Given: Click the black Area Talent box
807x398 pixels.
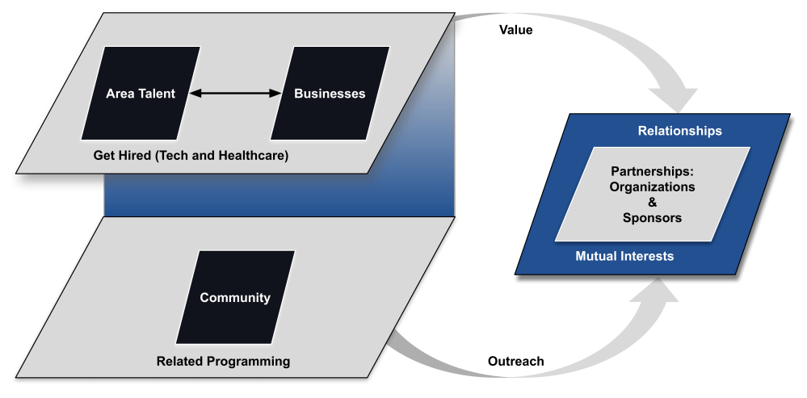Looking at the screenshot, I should (x=141, y=94).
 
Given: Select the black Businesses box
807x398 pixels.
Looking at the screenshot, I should (x=330, y=94).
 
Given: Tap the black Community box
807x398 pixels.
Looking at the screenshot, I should (x=234, y=298).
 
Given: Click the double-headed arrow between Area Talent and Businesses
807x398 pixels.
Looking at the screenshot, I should (x=234, y=94).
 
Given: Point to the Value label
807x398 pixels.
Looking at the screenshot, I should (x=516, y=30).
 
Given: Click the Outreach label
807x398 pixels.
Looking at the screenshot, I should (x=516, y=361).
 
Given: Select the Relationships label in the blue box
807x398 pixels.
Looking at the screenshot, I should (x=679, y=130).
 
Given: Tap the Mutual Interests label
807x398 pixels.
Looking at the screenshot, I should (x=624, y=257).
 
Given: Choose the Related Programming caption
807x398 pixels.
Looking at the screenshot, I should (x=223, y=361).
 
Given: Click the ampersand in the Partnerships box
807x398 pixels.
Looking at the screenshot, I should (x=654, y=202).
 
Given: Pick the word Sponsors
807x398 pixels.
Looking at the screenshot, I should (x=653, y=218).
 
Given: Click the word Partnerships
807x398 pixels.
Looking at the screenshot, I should (x=653, y=171).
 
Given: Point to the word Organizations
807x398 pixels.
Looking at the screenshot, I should (x=653, y=186).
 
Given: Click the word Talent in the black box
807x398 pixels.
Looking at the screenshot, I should (x=158, y=94).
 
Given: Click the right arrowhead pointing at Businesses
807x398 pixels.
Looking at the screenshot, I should (x=275, y=94).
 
